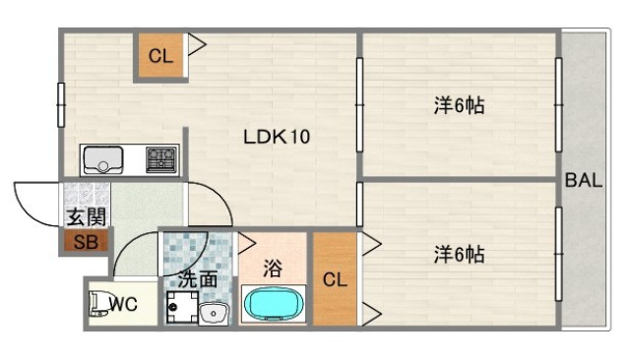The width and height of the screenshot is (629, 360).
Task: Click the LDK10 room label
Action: [x=277, y=138]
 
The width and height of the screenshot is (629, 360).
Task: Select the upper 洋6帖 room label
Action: [x=459, y=105]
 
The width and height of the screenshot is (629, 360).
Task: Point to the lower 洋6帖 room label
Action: [x=459, y=254]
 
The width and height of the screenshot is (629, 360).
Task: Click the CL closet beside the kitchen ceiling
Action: [x=159, y=56]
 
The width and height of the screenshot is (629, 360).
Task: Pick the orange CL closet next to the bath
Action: [x=335, y=280]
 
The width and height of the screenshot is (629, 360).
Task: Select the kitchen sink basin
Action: [x=101, y=159]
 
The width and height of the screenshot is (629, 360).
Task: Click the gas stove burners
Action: [x=161, y=158]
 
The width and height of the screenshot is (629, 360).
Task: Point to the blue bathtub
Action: [x=273, y=304]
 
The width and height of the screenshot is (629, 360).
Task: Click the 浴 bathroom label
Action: [x=273, y=265]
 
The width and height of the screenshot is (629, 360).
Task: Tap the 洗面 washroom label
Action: [x=198, y=279]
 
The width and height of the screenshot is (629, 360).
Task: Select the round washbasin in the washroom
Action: [x=213, y=313]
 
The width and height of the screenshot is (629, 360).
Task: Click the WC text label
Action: [x=123, y=305]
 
